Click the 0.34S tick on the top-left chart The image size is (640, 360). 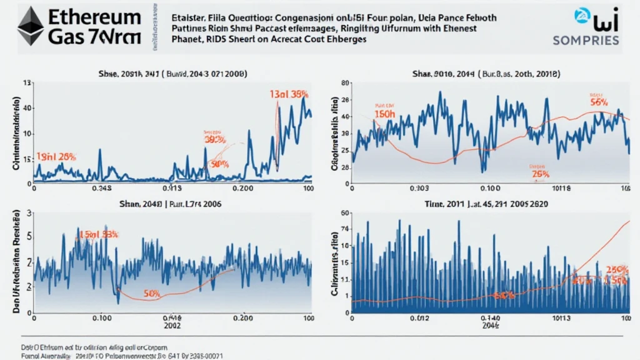click(x=101, y=187)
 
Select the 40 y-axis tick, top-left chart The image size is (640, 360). click(x=27, y=107)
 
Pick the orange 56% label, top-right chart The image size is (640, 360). click(x=599, y=102)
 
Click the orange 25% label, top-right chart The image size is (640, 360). click(x=540, y=174)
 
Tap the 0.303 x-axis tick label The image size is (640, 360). click(x=418, y=187)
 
